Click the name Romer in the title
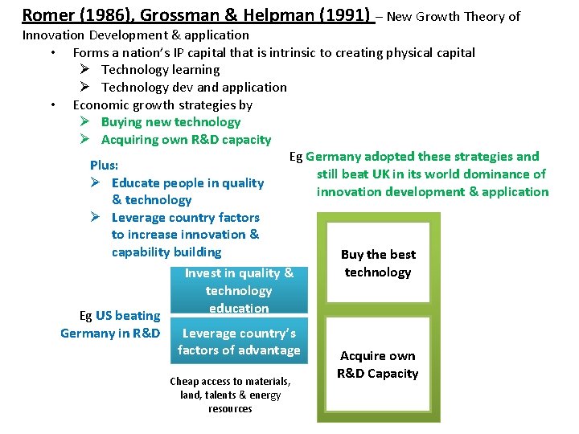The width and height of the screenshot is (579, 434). click(x=47, y=15)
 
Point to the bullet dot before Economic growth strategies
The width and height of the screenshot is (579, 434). click(x=52, y=104)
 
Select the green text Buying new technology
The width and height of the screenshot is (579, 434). click(x=170, y=122)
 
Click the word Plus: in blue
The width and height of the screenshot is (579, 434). click(x=105, y=165)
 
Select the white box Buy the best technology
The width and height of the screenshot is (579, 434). click(x=378, y=264)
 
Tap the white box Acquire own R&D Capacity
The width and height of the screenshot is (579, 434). click(x=378, y=365)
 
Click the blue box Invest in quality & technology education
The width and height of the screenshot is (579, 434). click(x=239, y=290)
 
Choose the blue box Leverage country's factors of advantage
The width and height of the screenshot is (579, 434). click(x=239, y=342)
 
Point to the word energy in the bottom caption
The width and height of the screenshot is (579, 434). click(x=265, y=395)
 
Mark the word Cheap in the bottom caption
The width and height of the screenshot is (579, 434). click(x=184, y=381)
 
